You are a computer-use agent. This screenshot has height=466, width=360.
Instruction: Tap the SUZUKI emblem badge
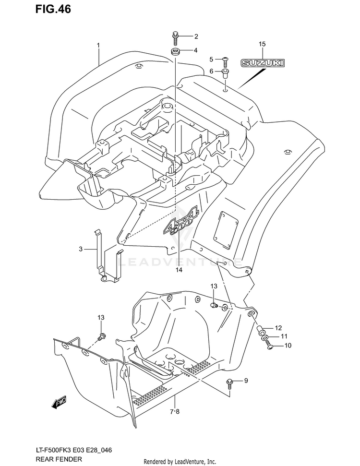coord(262,63)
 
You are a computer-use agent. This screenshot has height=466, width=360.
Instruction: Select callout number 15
coord(262,45)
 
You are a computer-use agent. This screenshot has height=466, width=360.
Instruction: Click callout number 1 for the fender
coord(98,46)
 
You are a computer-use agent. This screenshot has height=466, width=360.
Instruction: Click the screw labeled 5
coord(225,60)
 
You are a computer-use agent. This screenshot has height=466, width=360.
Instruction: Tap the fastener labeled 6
coord(225,72)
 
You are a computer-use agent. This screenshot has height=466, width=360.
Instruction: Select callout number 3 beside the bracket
coord(81,249)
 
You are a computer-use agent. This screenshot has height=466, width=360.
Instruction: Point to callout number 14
coord(179,270)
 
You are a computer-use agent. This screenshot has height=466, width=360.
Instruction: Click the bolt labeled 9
coord(230,382)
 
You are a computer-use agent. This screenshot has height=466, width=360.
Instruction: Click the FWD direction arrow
coord(60,402)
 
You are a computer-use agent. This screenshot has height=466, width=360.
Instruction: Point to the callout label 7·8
coord(174,411)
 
